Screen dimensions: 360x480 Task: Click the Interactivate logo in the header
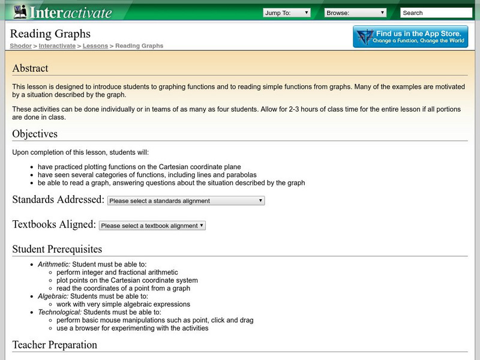coord(62,12)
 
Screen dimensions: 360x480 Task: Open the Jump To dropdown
coord(287,13)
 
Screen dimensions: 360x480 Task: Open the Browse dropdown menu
coord(355,13)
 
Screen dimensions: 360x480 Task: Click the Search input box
coord(436,13)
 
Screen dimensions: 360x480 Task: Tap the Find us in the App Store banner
coord(410,37)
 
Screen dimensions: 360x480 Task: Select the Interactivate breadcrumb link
coord(58,46)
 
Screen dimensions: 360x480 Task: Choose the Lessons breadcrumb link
coord(95,46)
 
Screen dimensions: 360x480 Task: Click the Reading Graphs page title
coord(51,34)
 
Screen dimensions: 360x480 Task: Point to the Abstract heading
coord(30,68)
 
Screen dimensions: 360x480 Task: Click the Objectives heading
coord(35,134)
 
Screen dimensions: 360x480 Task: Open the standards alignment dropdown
coord(186,201)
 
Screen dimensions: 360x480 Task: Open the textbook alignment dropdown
coord(152,226)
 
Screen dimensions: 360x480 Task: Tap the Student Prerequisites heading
coord(57,249)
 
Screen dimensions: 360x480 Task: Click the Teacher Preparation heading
coord(55,345)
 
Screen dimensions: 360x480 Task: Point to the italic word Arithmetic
coord(53,264)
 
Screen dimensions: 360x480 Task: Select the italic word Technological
coord(59,312)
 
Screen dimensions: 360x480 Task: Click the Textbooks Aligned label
coord(54,225)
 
